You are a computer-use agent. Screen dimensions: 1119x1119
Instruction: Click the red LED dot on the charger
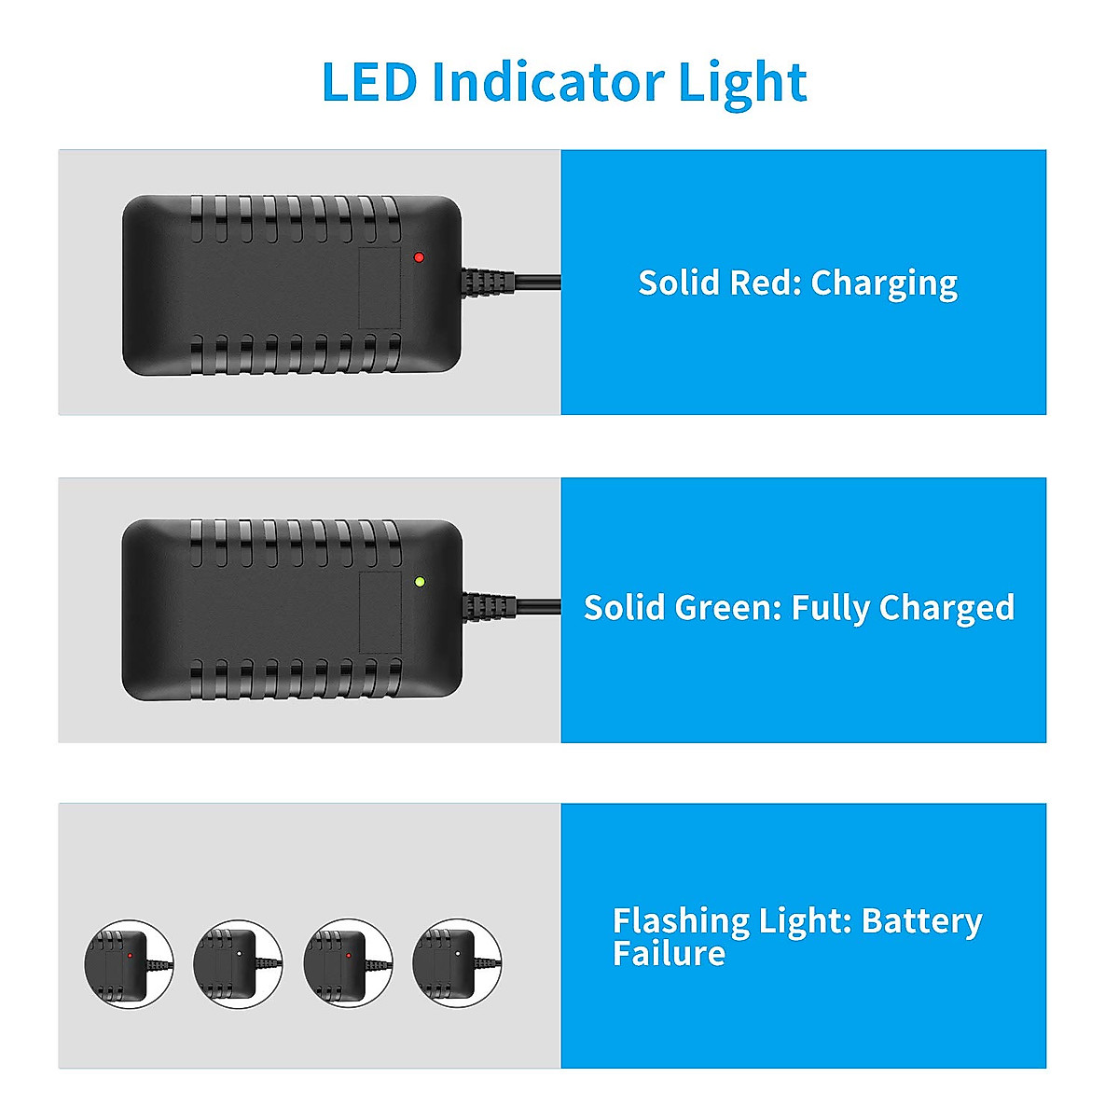point(419,256)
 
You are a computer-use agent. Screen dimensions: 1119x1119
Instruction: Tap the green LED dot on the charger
point(420,582)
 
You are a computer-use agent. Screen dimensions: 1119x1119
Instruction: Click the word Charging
point(884,283)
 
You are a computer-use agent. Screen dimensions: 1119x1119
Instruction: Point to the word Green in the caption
point(727,608)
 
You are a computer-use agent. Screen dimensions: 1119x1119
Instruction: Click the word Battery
point(921,921)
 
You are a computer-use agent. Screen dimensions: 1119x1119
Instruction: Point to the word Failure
point(669,954)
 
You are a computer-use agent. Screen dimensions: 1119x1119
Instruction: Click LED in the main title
point(368,82)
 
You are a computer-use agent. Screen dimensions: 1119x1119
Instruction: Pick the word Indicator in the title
point(547,82)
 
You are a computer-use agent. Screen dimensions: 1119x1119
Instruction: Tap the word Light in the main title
point(741,84)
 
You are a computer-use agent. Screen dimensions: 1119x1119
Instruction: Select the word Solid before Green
point(624,608)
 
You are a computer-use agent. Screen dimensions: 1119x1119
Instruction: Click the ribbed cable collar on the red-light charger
point(488,281)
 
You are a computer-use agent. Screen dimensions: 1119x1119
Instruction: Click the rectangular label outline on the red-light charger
point(380,287)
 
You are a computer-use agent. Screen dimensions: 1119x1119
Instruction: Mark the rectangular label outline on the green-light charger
point(380,613)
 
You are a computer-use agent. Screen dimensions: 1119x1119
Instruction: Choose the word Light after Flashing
point(801,921)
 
